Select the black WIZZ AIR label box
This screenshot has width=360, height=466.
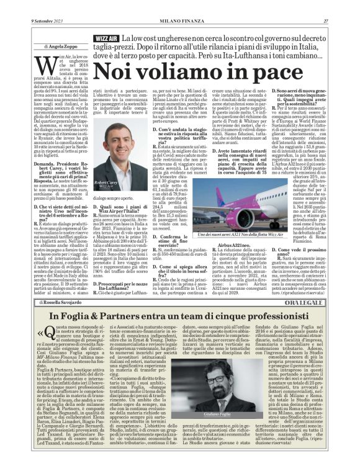pos(105,39)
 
